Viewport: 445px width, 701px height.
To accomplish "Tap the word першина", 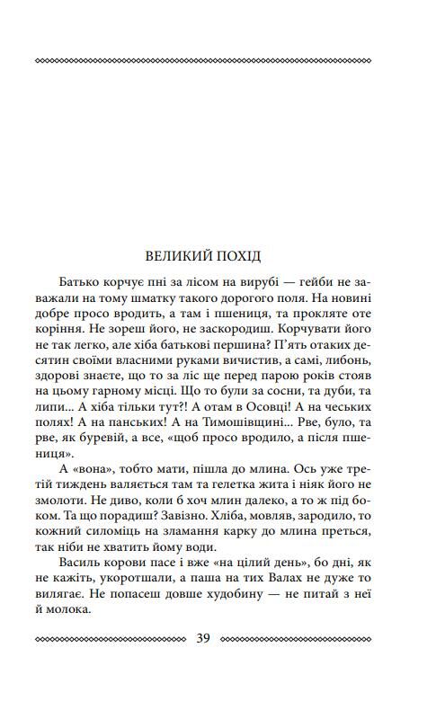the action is tap(257, 348).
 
